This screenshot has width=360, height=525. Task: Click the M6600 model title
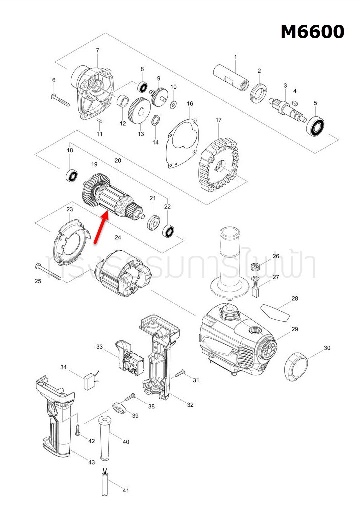point(312,32)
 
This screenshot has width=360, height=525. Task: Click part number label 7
point(97,50)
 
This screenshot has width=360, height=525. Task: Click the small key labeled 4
point(295,101)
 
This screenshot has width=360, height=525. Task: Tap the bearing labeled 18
point(72,175)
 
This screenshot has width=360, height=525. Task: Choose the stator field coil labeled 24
point(125,274)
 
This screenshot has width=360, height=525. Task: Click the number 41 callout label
point(126,490)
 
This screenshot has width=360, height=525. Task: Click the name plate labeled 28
point(275,312)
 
